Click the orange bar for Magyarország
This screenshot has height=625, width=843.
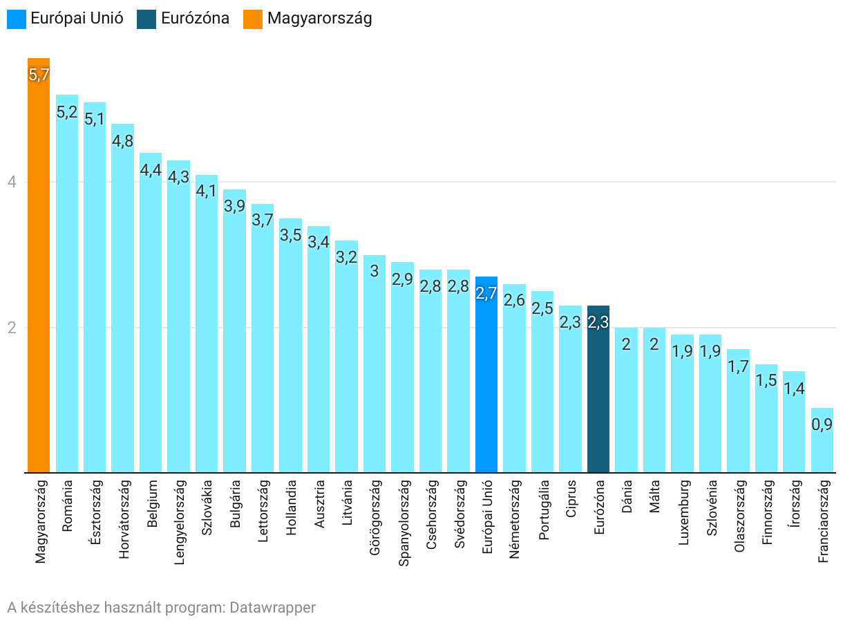click(39, 277)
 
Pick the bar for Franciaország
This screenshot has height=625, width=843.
click(822, 449)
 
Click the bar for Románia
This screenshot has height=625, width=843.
click(67, 290)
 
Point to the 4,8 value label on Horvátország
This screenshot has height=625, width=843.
click(122, 141)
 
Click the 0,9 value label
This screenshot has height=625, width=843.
click(822, 425)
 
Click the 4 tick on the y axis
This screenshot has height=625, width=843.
click(12, 183)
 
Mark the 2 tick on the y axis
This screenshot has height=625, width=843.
click(12, 328)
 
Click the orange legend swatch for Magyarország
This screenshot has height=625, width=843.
click(254, 19)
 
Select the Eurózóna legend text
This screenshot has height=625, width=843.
click(195, 19)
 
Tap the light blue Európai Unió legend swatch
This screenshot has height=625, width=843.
click(17, 19)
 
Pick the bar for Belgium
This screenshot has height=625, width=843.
click(151, 318)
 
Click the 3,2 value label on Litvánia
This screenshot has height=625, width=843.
click(347, 257)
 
